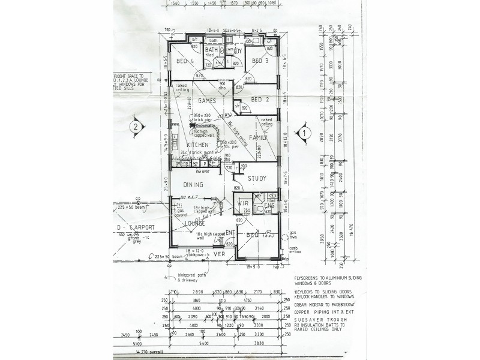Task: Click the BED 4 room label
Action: tap(185, 61)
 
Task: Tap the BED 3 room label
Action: tap(259, 61)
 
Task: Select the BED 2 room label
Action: tap(259, 100)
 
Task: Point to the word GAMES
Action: tap(207, 101)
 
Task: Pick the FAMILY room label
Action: tap(258, 137)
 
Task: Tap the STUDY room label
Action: tap(257, 178)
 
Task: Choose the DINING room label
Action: tap(193, 185)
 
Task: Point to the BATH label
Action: tap(211, 50)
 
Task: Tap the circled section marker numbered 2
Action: tap(136, 127)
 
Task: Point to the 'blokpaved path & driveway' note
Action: tap(191, 278)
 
